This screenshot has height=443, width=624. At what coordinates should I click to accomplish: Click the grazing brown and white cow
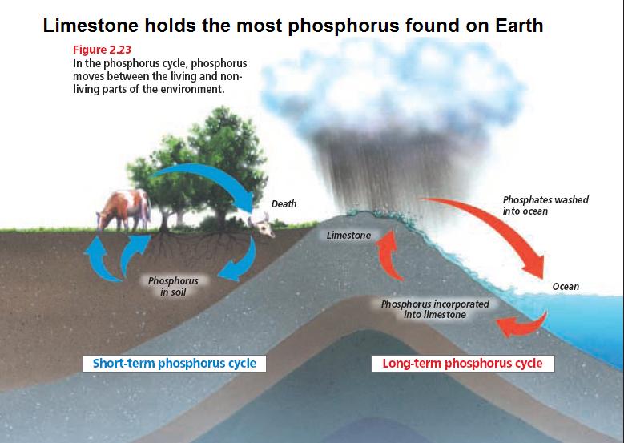pos(124,210)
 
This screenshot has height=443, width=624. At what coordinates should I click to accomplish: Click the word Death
pos(284,203)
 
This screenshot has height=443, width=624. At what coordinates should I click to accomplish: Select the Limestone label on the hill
pos(348,236)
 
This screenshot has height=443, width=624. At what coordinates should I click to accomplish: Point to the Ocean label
pos(566,287)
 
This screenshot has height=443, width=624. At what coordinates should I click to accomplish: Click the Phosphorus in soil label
pos(173,286)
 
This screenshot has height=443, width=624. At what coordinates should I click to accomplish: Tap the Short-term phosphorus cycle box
pos(175,364)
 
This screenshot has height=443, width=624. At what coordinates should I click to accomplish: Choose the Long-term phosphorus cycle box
pos(462,364)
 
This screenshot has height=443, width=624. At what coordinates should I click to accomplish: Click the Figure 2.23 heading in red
pos(102,50)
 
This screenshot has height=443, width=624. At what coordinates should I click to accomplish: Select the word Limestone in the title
pos(91,26)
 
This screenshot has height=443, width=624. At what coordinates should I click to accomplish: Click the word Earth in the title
pos(519,26)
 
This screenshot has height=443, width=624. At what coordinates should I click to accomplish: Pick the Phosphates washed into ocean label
pos(545,205)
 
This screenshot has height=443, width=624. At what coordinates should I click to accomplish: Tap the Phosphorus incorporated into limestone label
pos(435,309)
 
